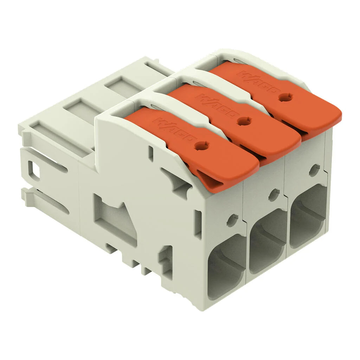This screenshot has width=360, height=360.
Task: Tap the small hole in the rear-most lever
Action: click(285, 97)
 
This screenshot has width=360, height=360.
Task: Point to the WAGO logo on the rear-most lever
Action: click(259, 82)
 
